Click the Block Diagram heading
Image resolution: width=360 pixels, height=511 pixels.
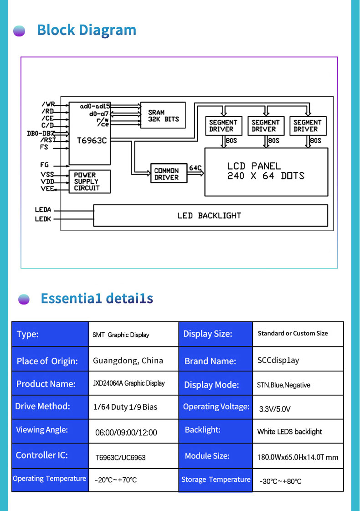[x=87, y=30]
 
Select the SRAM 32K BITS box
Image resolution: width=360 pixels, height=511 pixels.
[x=163, y=115]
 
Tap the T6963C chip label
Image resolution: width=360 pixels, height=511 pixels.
[x=92, y=140]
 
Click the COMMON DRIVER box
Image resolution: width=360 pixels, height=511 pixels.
[x=169, y=173]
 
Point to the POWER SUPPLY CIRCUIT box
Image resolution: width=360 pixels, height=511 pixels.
[x=90, y=181]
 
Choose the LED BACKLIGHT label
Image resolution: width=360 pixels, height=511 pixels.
[x=209, y=216]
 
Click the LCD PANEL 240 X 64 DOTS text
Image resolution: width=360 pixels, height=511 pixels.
[x=266, y=171]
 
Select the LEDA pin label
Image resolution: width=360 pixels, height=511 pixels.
[x=43, y=210]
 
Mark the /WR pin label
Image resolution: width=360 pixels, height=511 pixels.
[x=48, y=104]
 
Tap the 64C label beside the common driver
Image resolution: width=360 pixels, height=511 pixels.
[x=195, y=168]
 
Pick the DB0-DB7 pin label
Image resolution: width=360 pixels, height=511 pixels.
[x=41, y=133]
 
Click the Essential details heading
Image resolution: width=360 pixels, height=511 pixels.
[x=97, y=299]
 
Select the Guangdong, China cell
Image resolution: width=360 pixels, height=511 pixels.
[x=128, y=361]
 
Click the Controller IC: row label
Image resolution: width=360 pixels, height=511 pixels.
[x=42, y=455]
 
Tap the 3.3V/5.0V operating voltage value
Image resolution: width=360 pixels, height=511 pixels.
[x=275, y=409]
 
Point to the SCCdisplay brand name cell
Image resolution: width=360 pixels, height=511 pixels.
[x=278, y=360]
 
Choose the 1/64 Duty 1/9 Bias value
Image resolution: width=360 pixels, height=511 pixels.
[x=125, y=407]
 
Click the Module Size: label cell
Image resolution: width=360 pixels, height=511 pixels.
[x=207, y=456]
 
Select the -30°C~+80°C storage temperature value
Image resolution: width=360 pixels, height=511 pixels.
[x=281, y=481]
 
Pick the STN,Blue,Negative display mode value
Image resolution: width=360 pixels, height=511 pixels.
[x=283, y=385]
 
